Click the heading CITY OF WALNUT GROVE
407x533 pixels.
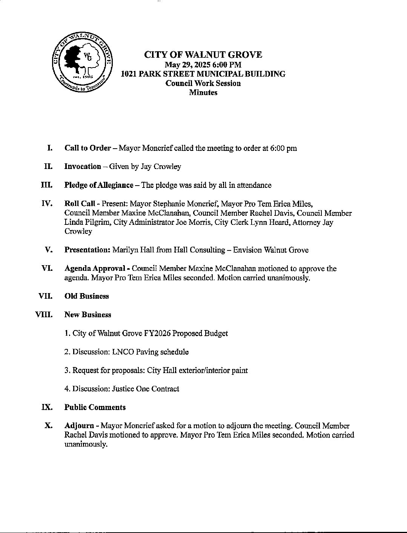203,55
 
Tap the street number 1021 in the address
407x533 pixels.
128,74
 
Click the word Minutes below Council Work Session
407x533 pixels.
203,92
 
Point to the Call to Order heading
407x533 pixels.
88,148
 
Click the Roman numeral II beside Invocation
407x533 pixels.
48,166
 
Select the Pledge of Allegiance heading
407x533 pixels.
99,185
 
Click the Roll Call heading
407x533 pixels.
80,204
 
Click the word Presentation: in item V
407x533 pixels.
87,250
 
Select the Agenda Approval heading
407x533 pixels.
95,269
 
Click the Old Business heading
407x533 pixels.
86,296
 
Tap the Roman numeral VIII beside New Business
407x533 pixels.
43,315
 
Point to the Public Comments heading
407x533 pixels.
95,407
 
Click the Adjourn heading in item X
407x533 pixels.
79,426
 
